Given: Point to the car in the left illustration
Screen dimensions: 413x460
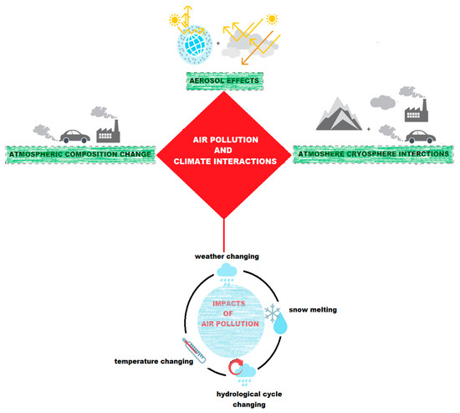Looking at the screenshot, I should coord(69,136).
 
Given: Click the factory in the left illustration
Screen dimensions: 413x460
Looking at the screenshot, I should coord(109,133).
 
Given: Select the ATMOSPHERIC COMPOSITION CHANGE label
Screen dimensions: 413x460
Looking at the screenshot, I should coord(81,156).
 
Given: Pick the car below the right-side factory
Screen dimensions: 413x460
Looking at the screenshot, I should coord(415,137).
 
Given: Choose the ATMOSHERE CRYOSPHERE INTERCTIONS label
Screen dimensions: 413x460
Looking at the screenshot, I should coord(376,156).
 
